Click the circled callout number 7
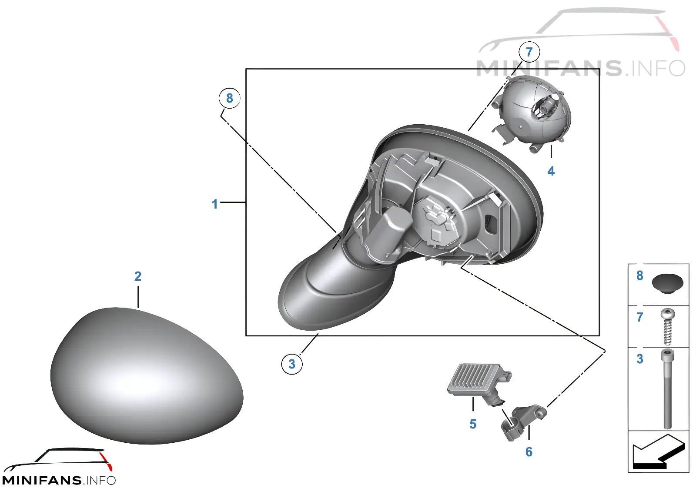[x=529, y=52]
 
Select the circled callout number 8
[x=229, y=98]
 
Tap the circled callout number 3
[x=291, y=364]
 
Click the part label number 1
[x=214, y=204]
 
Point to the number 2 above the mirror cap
[x=138, y=276]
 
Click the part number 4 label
[x=551, y=171]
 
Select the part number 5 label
[x=473, y=424]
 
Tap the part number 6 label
[x=529, y=452]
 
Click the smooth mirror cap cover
[x=146, y=375]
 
